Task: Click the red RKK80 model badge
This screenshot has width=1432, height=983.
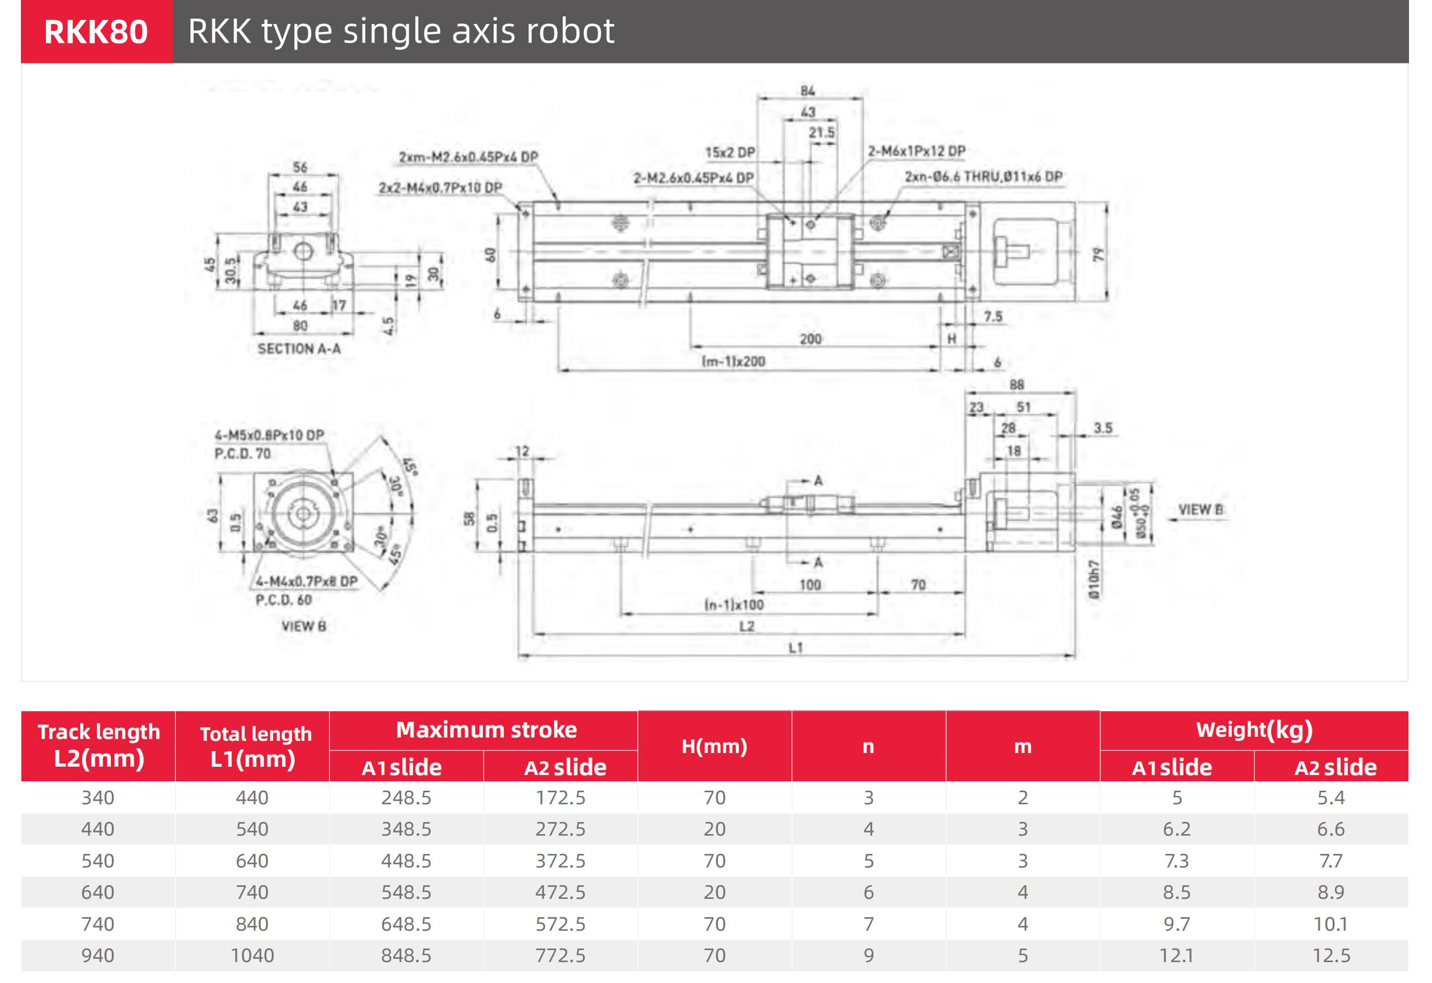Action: coord(96,31)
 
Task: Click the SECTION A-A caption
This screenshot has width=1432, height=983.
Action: coord(299,349)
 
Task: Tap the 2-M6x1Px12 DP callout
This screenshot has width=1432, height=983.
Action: coord(916,151)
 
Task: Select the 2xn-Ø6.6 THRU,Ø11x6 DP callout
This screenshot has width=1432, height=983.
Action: coord(984,177)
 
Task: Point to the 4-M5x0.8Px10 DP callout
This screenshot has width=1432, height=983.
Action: coord(269,435)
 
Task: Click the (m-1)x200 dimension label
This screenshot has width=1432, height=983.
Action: coord(733,362)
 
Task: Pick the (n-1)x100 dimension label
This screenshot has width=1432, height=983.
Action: coord(734,605)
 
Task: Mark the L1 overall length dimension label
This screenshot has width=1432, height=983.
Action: coord(795,647)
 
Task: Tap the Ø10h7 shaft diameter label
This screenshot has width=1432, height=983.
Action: coord(1094,580)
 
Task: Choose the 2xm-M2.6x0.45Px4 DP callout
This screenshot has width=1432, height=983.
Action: coord(468,157)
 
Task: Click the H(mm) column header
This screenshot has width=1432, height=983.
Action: coord(714,746)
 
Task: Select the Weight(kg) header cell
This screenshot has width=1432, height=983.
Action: coord(1254,730)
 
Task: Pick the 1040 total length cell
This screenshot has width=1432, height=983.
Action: coord(252,955)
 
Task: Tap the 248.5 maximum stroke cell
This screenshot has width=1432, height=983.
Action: coord(406,797)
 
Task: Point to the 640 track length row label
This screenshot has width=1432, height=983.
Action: coord(98,892)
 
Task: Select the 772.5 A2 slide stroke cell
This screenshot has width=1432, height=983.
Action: coord(560,955)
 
